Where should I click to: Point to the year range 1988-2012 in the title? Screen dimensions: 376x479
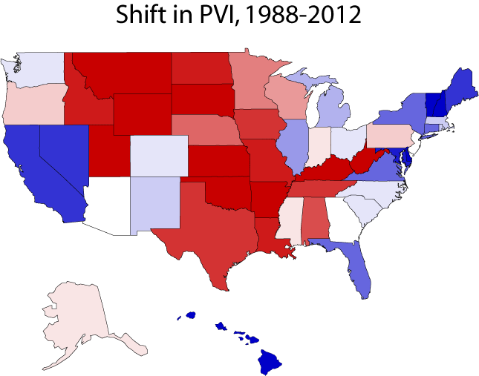point(307,16)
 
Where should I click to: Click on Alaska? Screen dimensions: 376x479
point(74,319)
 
